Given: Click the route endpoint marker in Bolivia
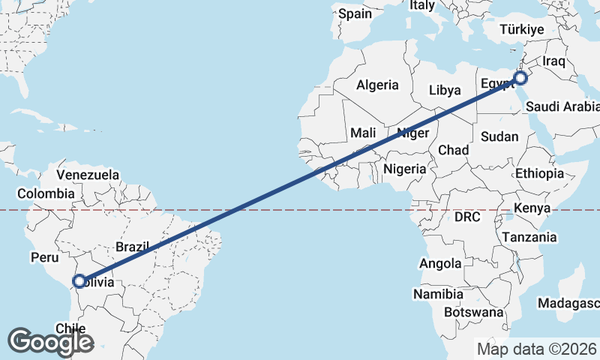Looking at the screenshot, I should pyautogui.click(x=79, y=282).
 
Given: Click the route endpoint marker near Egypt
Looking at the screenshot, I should pyautogui.click(x=520, y=78).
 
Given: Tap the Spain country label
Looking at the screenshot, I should pyautogui.click(x=354, y=13).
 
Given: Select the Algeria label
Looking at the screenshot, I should pyautogui.click(x=377, y=85).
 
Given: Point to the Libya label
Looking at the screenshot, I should pyautogui.click(x=445, y=90).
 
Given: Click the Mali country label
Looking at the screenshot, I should pyautogui.click(x=363, y=133).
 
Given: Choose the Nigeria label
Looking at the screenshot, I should pyautogui.click(x=404, y=169).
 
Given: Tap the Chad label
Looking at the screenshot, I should pyautogui.click(x=453, y=150).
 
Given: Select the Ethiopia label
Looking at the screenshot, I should pyautogui.click(x=539, y=173).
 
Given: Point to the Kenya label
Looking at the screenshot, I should pyautogui.click(x=534, y=208).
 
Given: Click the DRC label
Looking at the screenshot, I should pyautogui.click(x=466, y=217).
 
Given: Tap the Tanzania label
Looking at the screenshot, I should pyautogui.click(x=530, y=237).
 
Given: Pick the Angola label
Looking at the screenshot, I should pyautogui.click(x=440, y=263).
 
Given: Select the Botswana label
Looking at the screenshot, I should pyautogui.click(x=473, y=311).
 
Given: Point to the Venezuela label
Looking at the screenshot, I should pyautogui.click(x=88, y=175).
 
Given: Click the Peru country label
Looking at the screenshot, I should pyautogui.click(x=44, y=257).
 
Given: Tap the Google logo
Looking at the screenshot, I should pyautogui.click(x=50, y=342).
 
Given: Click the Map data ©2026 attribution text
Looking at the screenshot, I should pyautogui.click(x=537, y=349).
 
